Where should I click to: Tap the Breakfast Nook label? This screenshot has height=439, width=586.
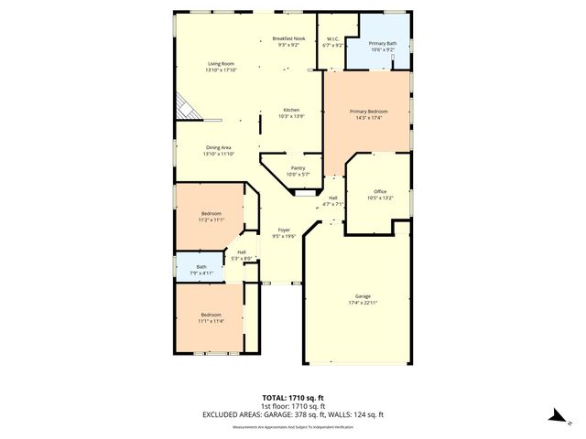pos(288,38)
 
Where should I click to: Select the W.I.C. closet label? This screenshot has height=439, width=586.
pos(333,38)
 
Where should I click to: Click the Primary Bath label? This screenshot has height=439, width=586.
pos(382,43)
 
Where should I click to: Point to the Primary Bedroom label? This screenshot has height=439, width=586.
pos(370,111)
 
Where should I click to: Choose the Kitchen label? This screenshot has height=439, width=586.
pos(290,110)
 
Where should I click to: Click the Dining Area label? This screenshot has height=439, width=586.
pos(218,147)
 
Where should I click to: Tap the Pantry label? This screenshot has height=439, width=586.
pos(298,168)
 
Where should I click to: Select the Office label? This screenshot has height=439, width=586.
pos(380,191)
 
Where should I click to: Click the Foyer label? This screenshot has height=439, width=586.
pos(285,230)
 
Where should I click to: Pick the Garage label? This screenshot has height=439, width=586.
pos(364,295)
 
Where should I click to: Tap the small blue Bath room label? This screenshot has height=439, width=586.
pos(201,267)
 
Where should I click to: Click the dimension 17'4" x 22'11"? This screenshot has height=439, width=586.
pos(364,302)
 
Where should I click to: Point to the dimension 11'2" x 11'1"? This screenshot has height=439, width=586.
pos(212,219)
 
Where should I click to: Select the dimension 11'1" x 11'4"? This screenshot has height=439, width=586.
pos(212,321)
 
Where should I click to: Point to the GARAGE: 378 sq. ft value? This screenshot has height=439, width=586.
pos(316,414)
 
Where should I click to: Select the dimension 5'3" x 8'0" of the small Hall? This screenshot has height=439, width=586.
pos(242,259)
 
